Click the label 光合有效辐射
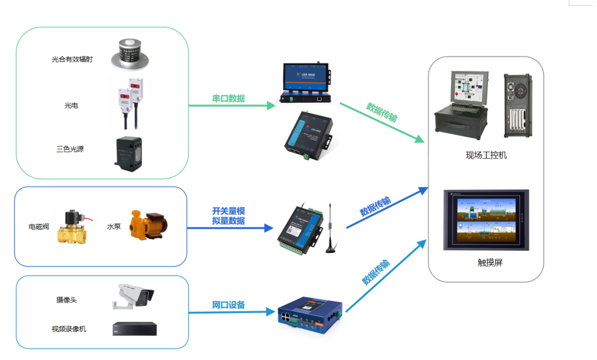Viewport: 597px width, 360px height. coord(72,60)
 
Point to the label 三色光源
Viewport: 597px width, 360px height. coord(70,149)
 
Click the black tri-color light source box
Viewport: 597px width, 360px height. coord(128,153)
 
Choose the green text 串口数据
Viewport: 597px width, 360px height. coord(228,99)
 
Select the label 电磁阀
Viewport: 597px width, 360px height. coord(39,227)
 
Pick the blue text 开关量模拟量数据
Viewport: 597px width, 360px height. coord(228,216)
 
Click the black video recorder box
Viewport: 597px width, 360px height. coord(134,329)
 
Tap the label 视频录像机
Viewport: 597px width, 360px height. coord(69,329)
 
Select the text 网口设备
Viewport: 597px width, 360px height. coord(228,305)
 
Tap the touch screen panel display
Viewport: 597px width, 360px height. coord(486,219)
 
